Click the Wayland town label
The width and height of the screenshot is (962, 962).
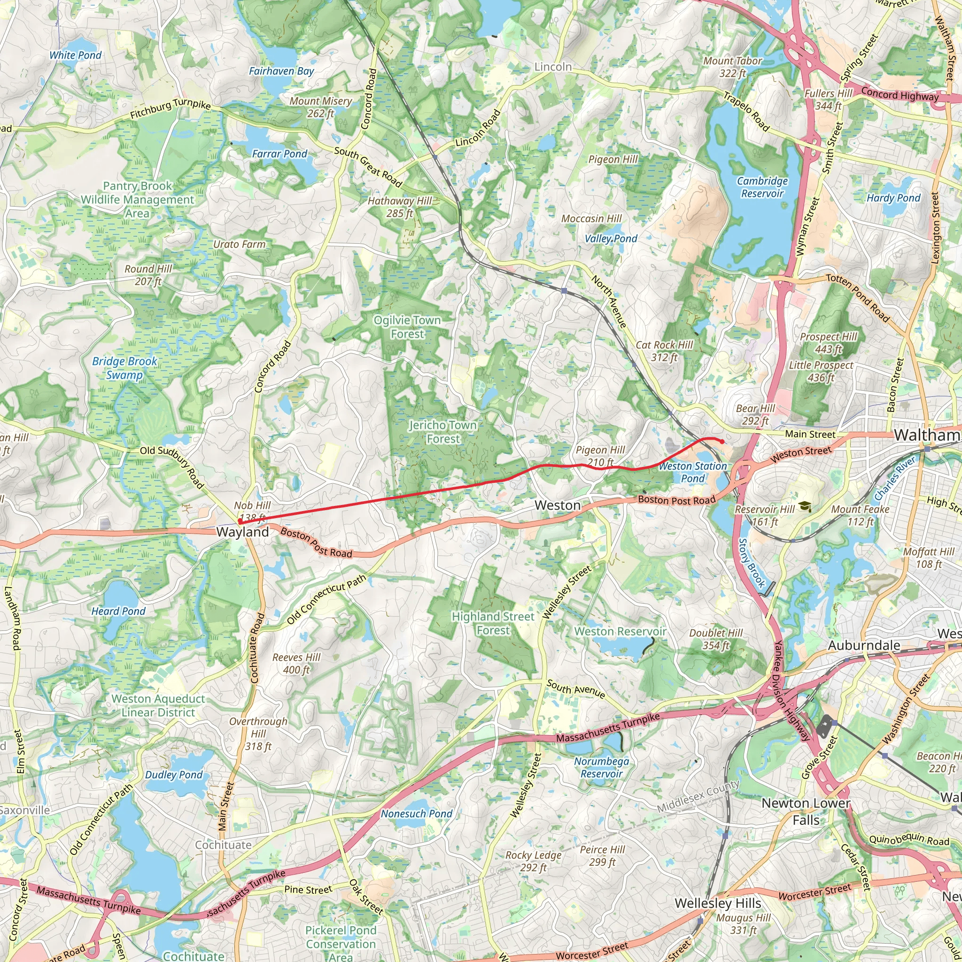pyautogui.click(x=242, y=532)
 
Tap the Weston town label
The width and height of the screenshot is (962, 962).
pyautogui.click(x=558, y=505)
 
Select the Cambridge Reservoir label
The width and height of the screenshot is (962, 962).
pyautogui.click(x=762, y=187)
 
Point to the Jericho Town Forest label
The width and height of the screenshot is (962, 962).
pyautogui.click(x=442, y=432)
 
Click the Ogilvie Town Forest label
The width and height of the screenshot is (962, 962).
pyautogui.click(x=407, y=326)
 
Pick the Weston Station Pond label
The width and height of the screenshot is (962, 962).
pyautogui.click(x=693, y=472)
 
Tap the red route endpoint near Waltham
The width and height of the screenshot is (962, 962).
pyautogui.click(x=722, y=442)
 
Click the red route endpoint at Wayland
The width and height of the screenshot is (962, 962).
pyautogui.click(x=240, y=521)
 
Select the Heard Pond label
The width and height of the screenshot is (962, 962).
pyautogui.click(x=118, y=611)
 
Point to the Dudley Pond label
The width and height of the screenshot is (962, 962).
pyautogui.click(x=174, y=775)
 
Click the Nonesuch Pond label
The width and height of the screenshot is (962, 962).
pyautogui.click(x=417, y=814)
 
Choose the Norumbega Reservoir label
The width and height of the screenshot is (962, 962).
pyautogui.click(x=602, y=768)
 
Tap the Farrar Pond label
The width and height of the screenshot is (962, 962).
pyautogui.click(x=280, y=154)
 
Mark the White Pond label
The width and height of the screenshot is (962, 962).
pyautogui.click(x=75, y=55)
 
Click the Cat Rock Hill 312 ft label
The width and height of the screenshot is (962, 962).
pyautogui.click(x=664, y=350)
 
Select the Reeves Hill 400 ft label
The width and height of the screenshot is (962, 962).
pyautogui.click(x=296, y=663)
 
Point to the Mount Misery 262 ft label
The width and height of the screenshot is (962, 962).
pyautogui.click(x=321, y=107)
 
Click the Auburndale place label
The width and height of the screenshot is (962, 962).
pyautogui.click(x=864, y=645)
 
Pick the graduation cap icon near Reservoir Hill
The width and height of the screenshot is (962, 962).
pyautogui.click(x=805, y=507)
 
